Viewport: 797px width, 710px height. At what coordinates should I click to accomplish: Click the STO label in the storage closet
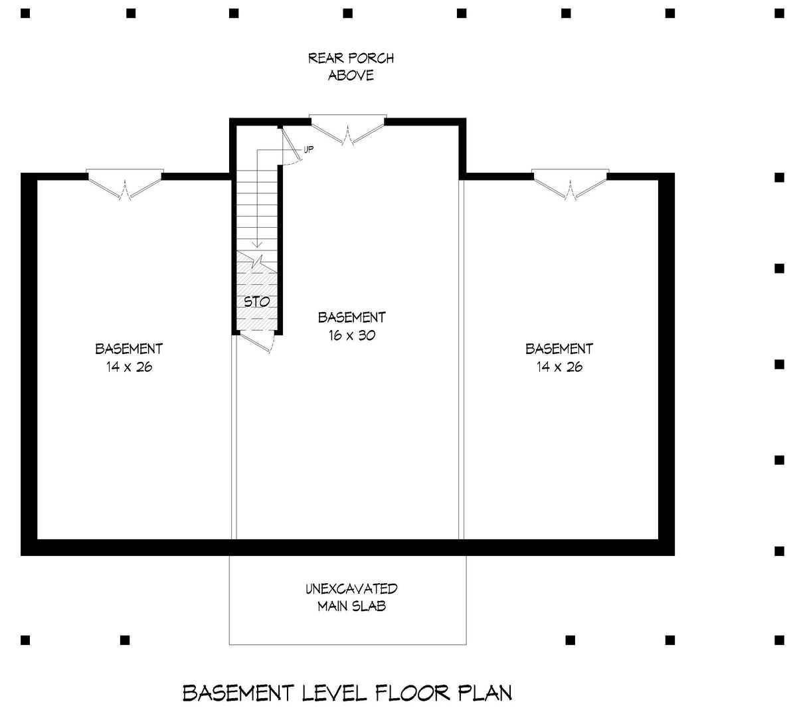[x=256, y=302]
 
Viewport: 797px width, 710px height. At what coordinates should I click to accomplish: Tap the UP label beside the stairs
[x=308, y=149]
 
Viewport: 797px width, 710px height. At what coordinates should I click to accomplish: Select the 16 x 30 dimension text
[x=352, y=335]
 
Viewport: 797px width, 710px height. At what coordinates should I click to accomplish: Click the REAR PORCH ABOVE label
[x=351, y=66]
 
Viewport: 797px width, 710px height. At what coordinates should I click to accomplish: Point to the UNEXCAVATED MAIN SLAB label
[x=352, y=598]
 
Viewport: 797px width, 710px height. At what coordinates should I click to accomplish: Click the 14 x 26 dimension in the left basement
[x=129, y=367]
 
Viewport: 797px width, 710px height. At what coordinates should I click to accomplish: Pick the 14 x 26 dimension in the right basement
[x=559, y=367]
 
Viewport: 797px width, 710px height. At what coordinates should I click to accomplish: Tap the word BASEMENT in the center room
[x=352, y=317]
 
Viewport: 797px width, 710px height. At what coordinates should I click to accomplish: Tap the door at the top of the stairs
[x=292, y=145]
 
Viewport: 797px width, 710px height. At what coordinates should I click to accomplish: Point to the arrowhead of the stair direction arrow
[x=257, y=244]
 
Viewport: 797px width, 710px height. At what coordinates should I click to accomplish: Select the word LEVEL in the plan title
[x=334, y=693]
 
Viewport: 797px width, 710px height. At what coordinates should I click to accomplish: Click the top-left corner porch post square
[x=25, y=14]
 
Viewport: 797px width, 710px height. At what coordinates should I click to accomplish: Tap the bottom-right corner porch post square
[x=779, y=640]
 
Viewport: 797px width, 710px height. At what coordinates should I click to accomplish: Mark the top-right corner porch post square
[x=779, y=14]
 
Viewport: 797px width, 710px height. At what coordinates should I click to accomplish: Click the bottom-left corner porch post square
[x=25, y=640]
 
